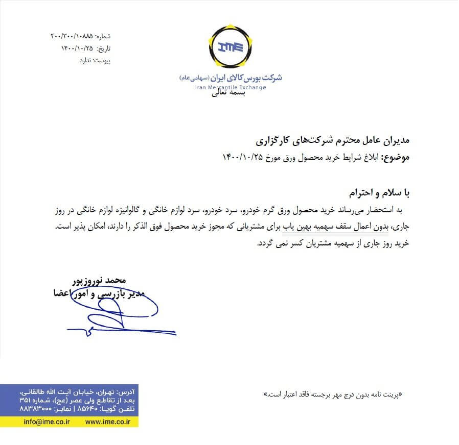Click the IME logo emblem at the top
(x=229, y=47)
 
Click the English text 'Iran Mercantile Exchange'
(x=231, y=87)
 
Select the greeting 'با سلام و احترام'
(x=379, y=193)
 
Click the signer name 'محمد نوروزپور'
(x=99, y=281)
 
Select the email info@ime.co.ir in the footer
(x=47, y=422)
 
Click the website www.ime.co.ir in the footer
(x=108, y=422)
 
